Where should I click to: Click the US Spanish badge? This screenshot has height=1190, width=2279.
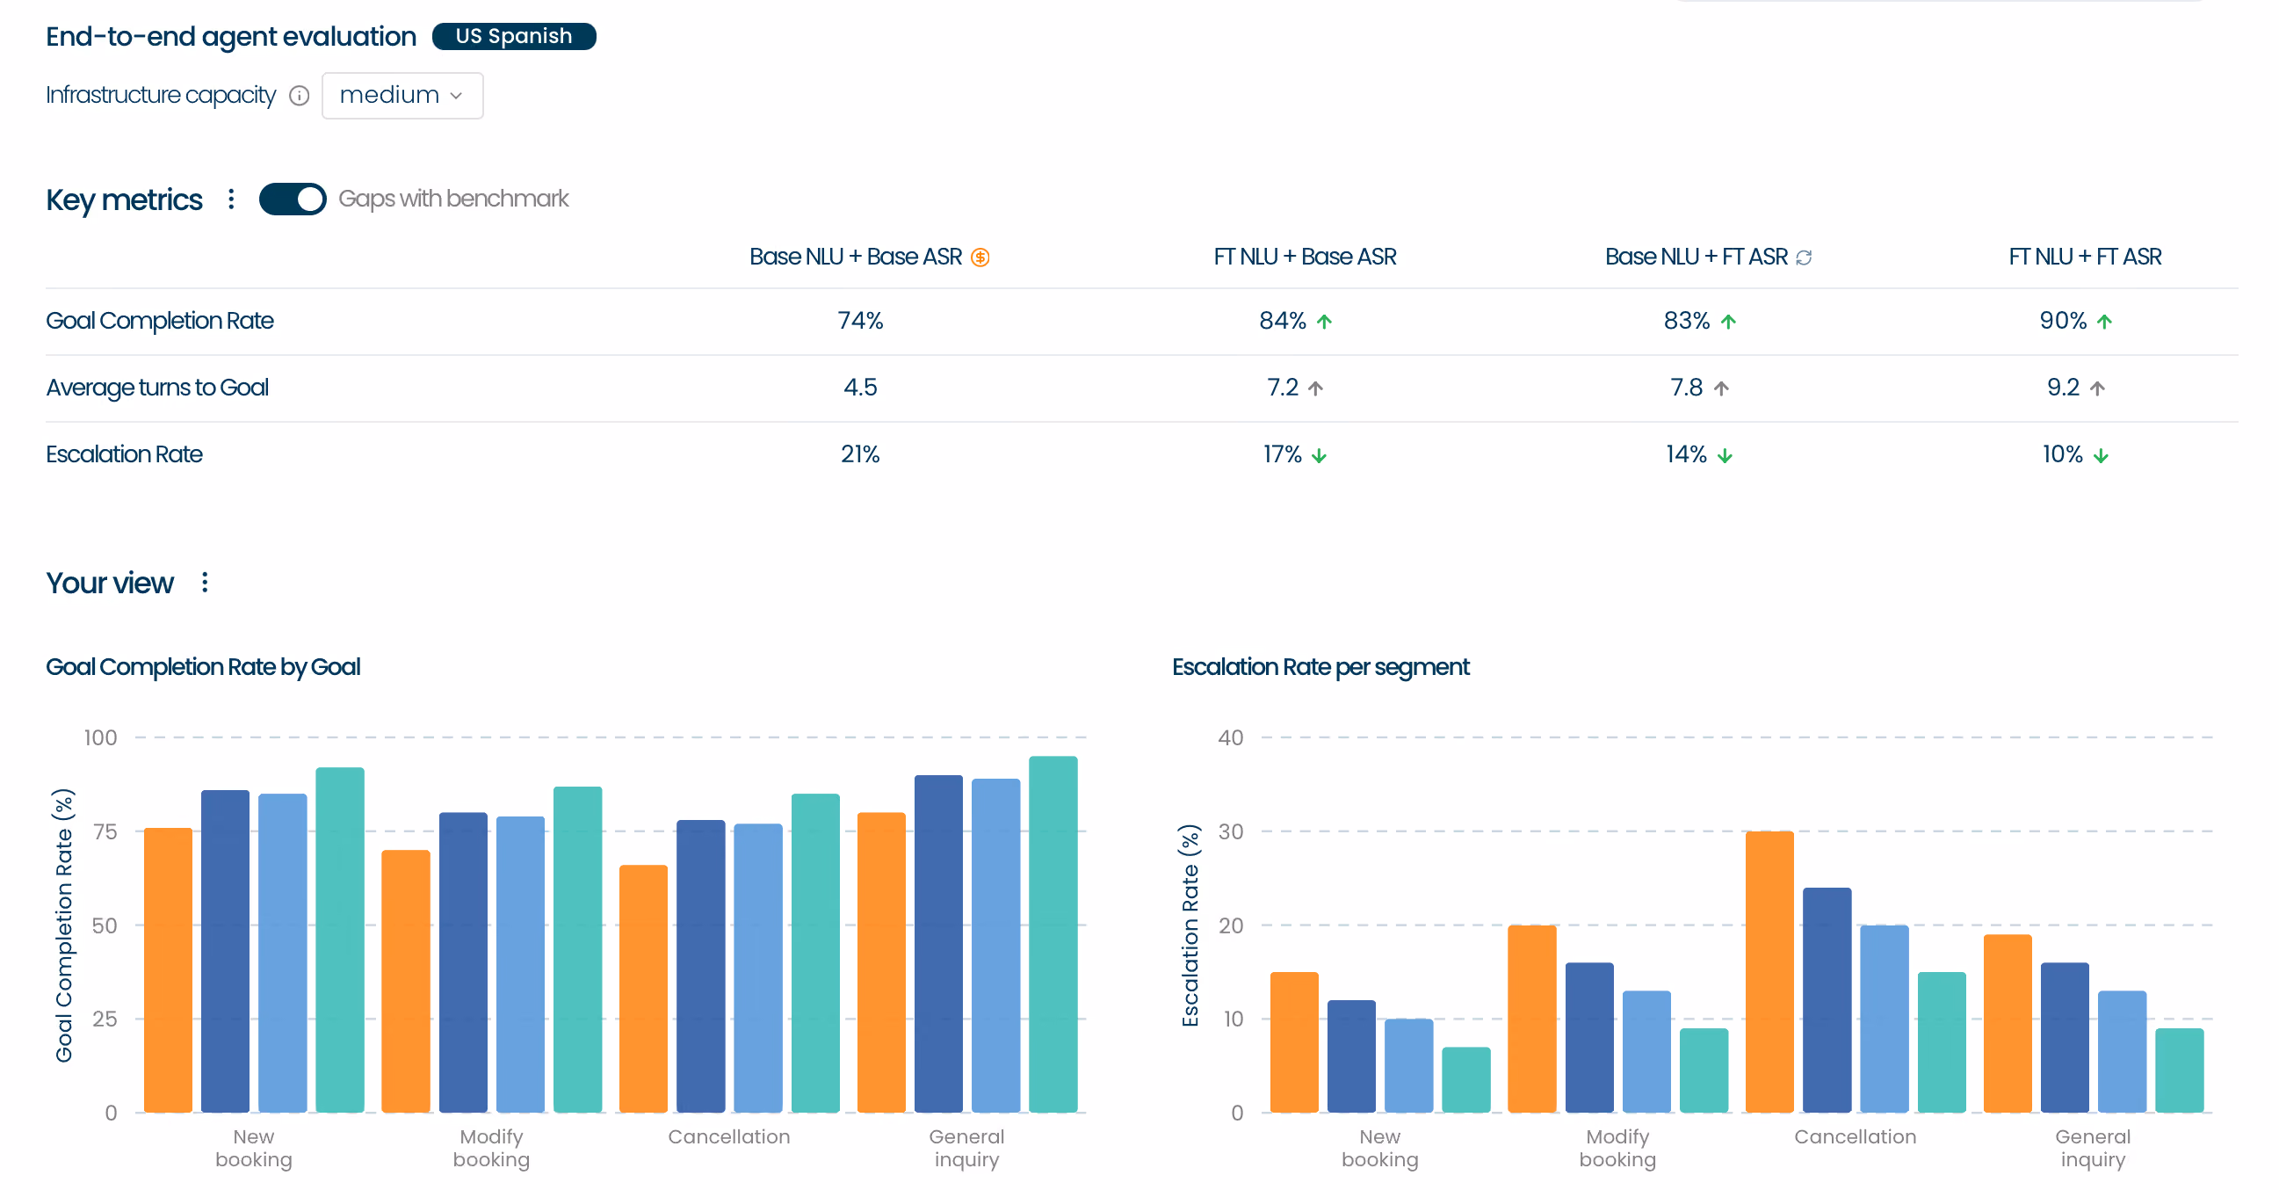pyautogui.click(x=513, y=36)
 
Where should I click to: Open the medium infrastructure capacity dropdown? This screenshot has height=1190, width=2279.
pyautogui.click(x=402, y=96)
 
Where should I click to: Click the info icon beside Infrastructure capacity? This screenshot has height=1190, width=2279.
pyautogui.click(x=300, y=96)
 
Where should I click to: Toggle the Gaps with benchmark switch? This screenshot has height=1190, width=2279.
pyautogui.click(x=292, y=200)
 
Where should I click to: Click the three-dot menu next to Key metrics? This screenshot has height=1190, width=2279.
pyautogui.click(x=231, y=200)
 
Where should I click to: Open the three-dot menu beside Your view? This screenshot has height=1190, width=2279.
pyautogui.click(x=205, y=582)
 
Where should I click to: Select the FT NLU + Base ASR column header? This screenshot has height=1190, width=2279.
pyautogui.click(x=1304, y=257)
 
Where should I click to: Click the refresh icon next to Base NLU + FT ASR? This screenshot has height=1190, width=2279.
pyautogui.click(x=1804, y=258)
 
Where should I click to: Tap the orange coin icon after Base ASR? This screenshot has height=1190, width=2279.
pyautogui.click(x=980, y=258)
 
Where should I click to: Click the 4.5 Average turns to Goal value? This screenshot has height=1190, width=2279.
pyautogui.click(x=860, y=388)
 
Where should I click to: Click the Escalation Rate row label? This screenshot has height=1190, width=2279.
pyautogui.click(x=124, y=454)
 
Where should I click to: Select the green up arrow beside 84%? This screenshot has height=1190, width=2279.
pyautogui.click(x=1323, y=321)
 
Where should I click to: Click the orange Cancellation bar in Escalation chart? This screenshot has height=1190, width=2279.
pyautogui.click(x=1769, y=971)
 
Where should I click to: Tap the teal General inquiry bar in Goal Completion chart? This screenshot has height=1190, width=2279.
pyautogui.click(x=1053, y=934)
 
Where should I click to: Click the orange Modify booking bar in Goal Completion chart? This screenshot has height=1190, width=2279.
pyautogui.click(x=406, y=981)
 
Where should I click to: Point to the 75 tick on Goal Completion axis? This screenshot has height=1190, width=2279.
pyautogui.click(x=105, y=831)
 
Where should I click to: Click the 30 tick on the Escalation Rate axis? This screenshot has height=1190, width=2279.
pyautogui.click(x=1231, y=831)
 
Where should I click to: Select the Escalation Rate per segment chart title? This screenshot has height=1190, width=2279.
pyautogui.click(x=1320, y=667)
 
